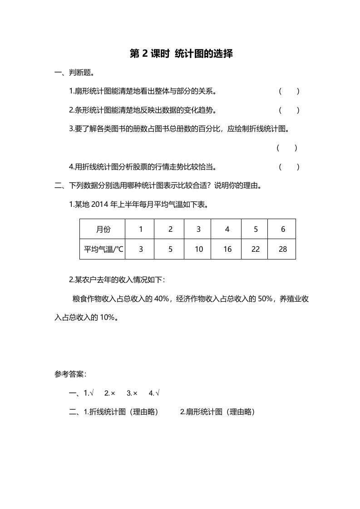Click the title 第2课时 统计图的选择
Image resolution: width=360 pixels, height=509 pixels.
(x=181, y=54)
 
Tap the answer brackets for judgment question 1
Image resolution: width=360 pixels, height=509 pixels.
(x=289, y=92)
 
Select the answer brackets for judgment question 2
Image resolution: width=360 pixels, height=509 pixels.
(x=289, y=110)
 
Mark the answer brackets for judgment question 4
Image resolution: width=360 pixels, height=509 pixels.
(x=289, y=167)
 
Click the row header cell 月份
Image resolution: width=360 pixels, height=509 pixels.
(x=103, y=229)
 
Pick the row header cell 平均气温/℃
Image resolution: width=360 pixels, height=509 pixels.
(x=103, y=249)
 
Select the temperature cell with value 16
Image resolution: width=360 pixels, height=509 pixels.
(x=227, y=249)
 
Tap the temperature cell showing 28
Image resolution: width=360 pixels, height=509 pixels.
(x=283, y=249)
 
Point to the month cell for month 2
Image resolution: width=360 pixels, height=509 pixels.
(x=170, y=229)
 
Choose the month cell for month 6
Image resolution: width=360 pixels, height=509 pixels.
(x=283, y=229)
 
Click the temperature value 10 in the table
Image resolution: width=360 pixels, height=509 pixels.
(x=198, y=249)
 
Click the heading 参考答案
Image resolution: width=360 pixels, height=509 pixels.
(x=70, y=374)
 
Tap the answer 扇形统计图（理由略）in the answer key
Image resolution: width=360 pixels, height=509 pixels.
(x=217, y=412)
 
